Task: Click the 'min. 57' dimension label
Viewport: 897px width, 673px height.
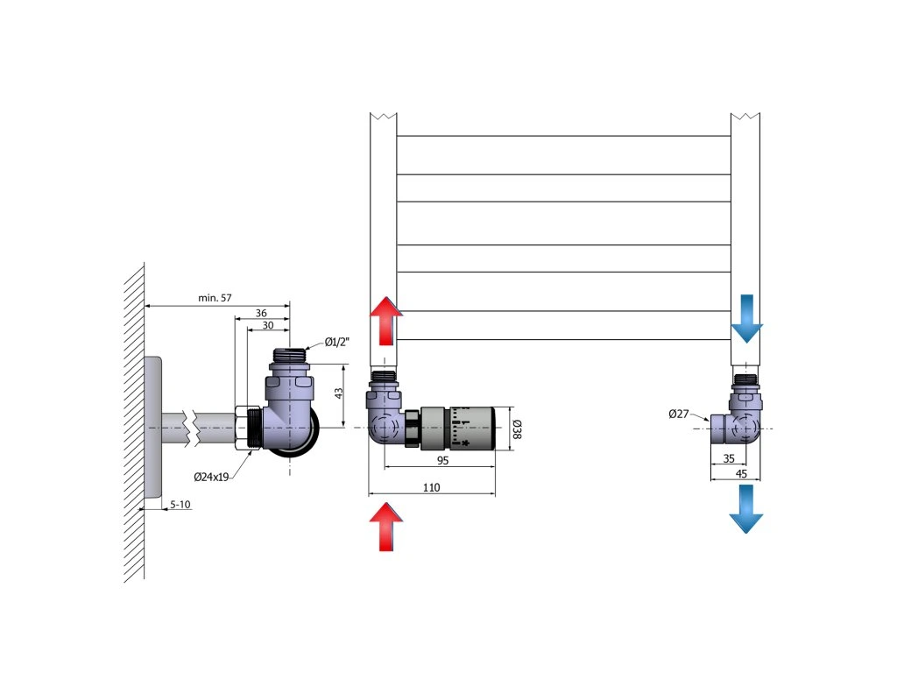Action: [x=215, y=298]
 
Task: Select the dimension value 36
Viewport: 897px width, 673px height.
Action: [x=261, y=313]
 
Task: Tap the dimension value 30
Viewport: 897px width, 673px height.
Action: [x=268, y=325]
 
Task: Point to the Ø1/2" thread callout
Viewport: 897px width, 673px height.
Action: [x=337, y=343]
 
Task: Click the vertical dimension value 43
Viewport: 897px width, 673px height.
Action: [x=339, y=393]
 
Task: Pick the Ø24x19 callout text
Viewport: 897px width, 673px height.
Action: [x=211, y=477]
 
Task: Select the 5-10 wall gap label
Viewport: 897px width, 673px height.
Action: [x=180, y=504]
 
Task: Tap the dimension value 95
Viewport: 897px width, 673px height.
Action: [x=442, y=460]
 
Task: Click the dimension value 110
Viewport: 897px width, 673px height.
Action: [x=431, y=487]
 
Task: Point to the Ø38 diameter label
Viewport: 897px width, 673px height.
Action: [x=517, y=429]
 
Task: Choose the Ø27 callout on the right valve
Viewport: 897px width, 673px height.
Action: [x=679, y=414]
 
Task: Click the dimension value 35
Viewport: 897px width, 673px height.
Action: [x=729, y=458]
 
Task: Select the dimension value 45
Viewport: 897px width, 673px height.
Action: [x=741, y=474]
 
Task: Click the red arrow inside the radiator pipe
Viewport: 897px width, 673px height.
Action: [x=386, y=322]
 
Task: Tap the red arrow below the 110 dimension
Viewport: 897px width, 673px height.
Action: [x=386, y=527]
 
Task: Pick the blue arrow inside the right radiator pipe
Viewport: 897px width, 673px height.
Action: [x=746, y=319]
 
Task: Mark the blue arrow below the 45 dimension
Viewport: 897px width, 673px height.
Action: [x=746, y=509]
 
